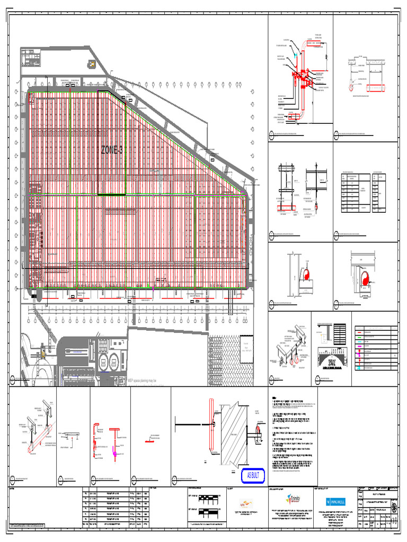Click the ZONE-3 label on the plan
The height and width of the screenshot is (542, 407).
pyautogui.click(x=112, y=150)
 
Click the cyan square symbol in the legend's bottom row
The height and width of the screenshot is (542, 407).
pyautogui.click(x=360, y=368)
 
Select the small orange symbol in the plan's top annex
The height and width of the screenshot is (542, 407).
pyautogui.click(x=92, y=64)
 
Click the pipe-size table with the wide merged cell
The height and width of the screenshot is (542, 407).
pyautogui.click(x=355, y=192)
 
